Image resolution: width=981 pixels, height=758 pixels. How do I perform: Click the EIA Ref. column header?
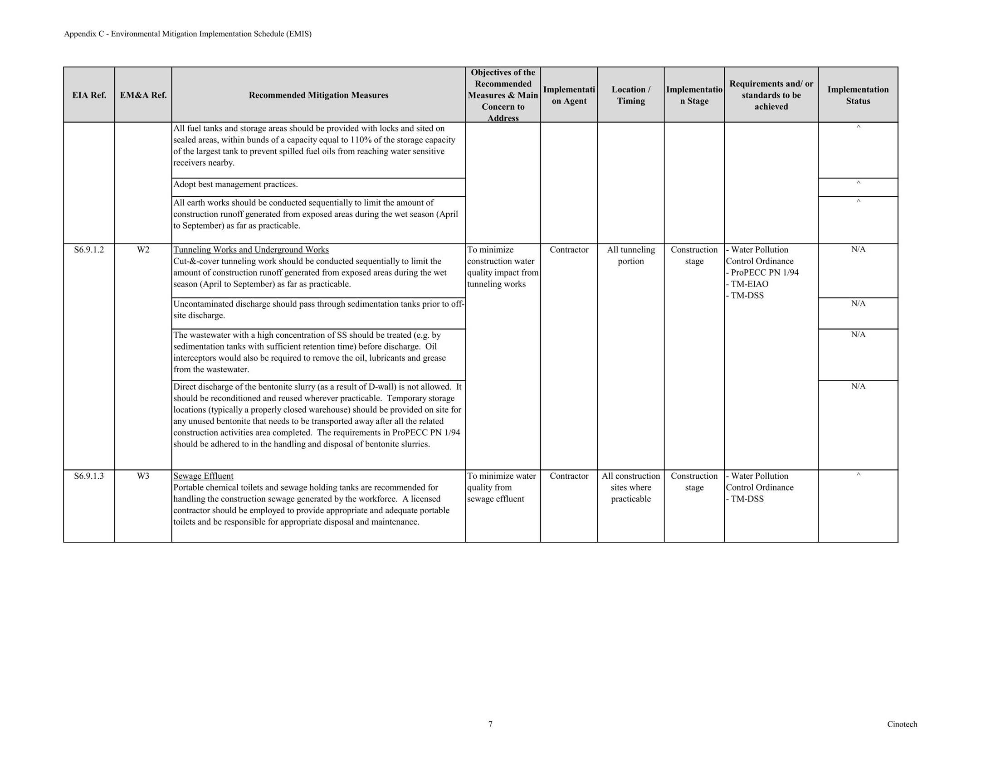pyautogui.click(x=89, y=95)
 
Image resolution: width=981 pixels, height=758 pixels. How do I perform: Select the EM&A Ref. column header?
pyautogui.click(x=143, y=95)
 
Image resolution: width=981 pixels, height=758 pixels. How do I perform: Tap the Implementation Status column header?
pyautogui.click(x=858, y=95)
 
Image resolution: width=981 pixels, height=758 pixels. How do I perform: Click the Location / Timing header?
pyautogui.click(x=630, y=95)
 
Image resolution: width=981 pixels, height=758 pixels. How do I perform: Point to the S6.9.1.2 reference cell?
pyautogui.click(x=89, y=250)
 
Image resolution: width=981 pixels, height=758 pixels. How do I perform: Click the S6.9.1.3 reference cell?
pyautogui.click(x=89, y=476)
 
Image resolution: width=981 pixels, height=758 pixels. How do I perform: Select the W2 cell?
pyautogui.click(x=143, y=250)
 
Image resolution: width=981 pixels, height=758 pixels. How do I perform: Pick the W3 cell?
pyautogui.click(x=143, y=476)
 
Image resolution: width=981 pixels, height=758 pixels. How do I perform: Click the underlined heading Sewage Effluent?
pyautogui.click(x=203, y=476)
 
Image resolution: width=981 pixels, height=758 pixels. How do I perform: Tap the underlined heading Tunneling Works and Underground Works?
pyautogui.click(x=251, y=250)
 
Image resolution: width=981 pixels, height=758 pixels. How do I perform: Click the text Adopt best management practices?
pyautogui.click(x=235, y=185)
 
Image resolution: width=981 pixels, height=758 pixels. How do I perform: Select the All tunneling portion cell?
pyautogui.click(x=630, y=255)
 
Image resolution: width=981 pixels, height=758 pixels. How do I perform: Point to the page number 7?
pyautogui.click(x=490, y=724)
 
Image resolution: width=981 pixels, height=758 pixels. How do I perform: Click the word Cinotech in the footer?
pyautogui.click(x=902, y=724)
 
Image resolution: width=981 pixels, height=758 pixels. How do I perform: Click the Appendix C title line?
pyautogui.click(x=187, y=34)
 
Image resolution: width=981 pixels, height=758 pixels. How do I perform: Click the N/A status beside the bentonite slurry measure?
pyautogui.click(x=858, y=386)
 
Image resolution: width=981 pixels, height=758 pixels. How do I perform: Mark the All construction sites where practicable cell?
pyautogui.click(x=630, y=487)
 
